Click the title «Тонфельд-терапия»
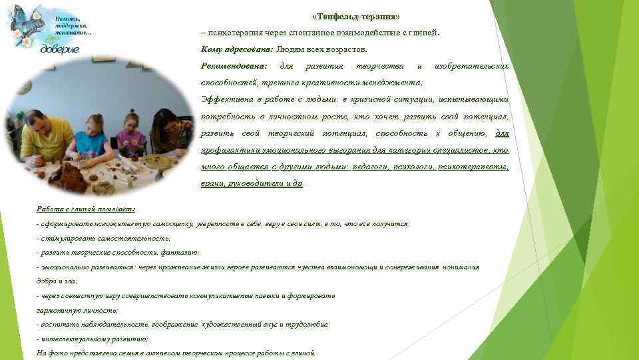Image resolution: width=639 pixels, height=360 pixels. click(x=356, y=15)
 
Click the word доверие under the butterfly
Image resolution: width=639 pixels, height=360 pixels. click(x=60, y=49)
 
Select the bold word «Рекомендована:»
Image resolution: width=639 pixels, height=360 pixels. click(x=234, y=66)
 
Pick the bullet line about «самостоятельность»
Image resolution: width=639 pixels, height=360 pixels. click(x=105, y=238)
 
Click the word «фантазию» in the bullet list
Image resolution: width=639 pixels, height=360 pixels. click(x=180, y=253)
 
